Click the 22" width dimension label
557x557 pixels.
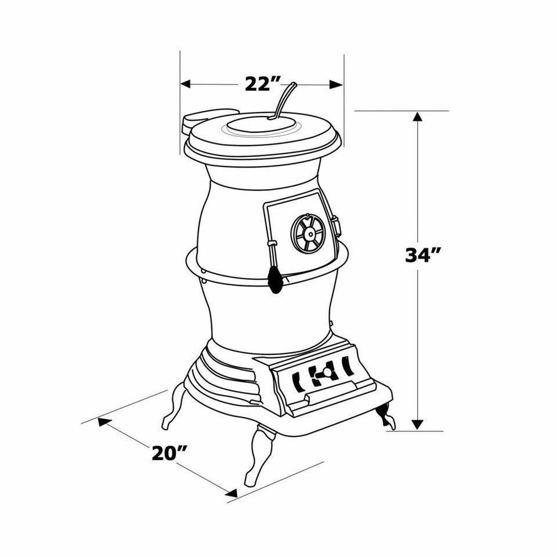pyautogui.click(x=259, y=84)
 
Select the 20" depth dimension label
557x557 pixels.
pyautogui.click(x=169, y=452)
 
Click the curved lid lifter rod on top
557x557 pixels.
pyautogui.click(x=283, y=100)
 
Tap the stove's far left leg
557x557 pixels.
pyautogui.click(x=173, y=409)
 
